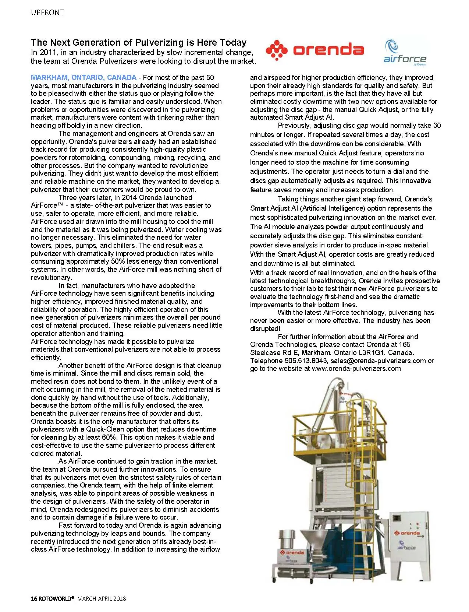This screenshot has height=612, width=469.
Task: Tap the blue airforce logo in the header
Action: [x=404, y=53]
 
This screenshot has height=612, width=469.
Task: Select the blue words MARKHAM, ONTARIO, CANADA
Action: [x=84, y=78]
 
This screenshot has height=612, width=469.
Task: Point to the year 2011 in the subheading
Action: [x=47, y=52]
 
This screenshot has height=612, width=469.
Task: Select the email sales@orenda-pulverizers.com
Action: [x=378, y=360]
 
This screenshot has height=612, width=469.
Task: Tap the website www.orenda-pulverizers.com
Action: [x=356, y=369]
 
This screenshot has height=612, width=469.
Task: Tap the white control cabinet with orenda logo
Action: [x=408, y=545]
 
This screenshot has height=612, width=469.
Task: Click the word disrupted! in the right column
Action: [x=265, y=328]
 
